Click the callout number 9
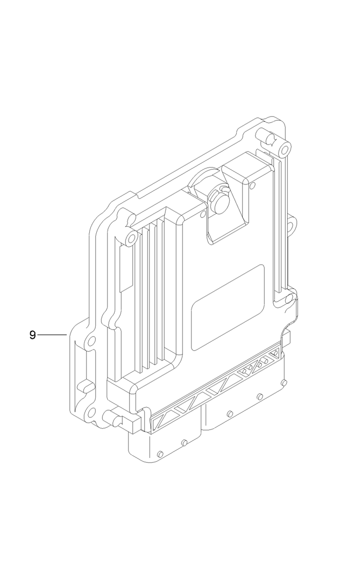point(33,335)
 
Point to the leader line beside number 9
point(52,335)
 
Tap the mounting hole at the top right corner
point(285,145)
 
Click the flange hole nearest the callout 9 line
point(91,341)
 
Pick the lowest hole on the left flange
point(91,413)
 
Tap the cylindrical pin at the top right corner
point(268,137)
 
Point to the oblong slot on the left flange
point(83,386)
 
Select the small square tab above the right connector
point(286,338)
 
